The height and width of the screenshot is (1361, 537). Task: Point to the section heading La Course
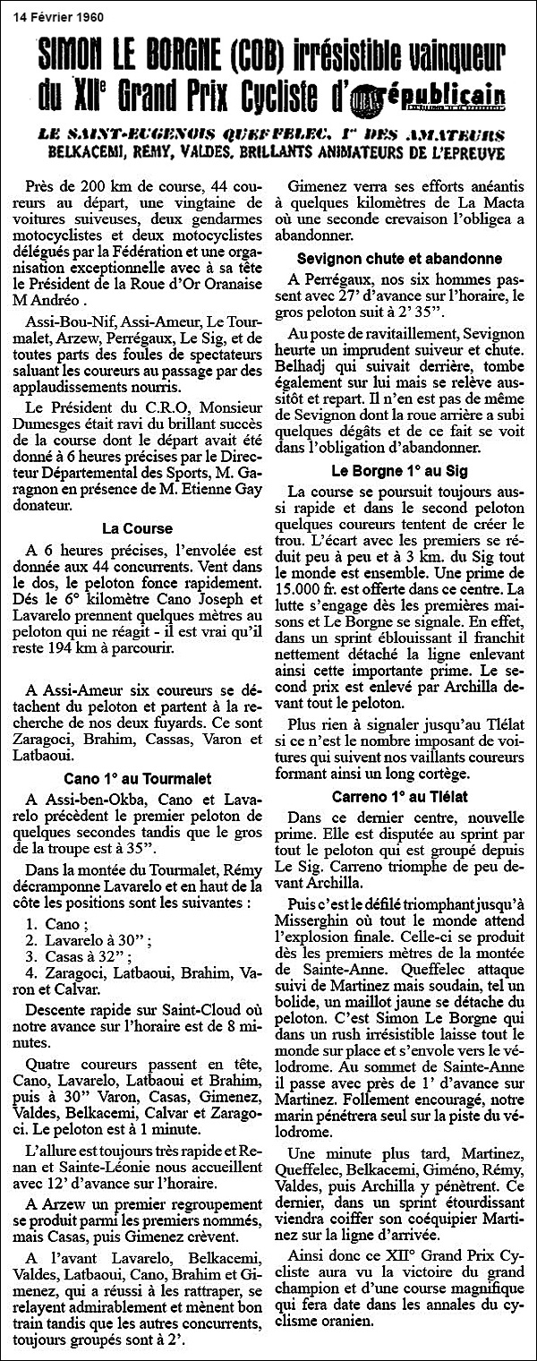[138, 530]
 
